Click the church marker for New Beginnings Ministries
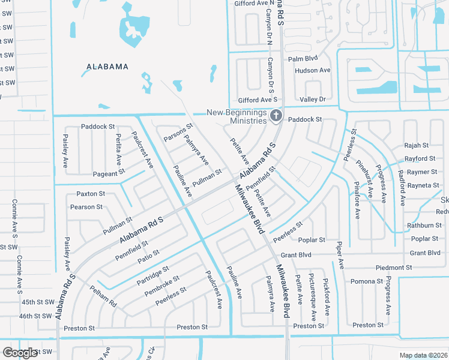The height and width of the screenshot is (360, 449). [x=276, y=116]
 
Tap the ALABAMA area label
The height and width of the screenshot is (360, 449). [x=107, y=67]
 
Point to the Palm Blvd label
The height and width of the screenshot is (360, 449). [x=303, y=59]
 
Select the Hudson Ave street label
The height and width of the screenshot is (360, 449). [x=312, y=70]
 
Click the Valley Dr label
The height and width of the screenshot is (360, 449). [x=312, y=99]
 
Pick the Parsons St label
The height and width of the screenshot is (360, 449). [x=178, y=133]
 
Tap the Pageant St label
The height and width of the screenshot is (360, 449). [x=109, y=172]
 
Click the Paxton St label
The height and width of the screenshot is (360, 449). [x=91, y=194]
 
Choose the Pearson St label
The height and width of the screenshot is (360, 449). [x=86, y=207]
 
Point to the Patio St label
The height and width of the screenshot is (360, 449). [x=148, y=257]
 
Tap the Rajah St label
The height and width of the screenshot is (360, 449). [x=416, y=145]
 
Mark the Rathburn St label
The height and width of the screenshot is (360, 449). [x=424, y=226]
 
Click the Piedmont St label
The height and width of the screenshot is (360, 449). [x=394, y=268]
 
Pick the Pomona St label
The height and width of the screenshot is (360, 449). [x=367, y=281]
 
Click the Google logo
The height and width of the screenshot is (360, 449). [x=20, y=353]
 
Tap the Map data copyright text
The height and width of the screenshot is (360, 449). [x=423, y=355]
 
